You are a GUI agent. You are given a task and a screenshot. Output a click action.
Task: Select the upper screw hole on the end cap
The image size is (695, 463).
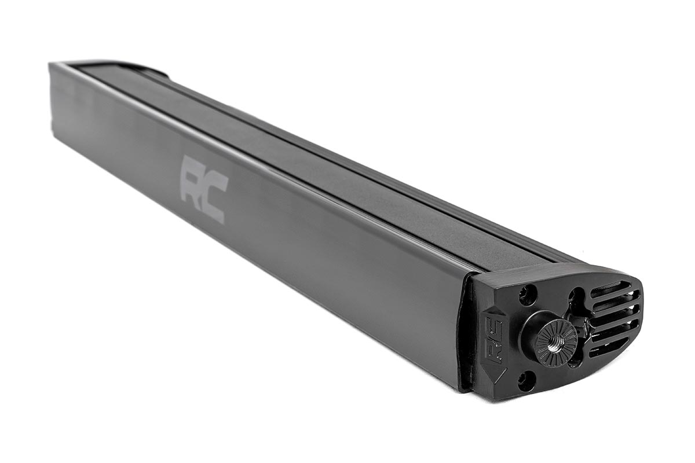point(527,296)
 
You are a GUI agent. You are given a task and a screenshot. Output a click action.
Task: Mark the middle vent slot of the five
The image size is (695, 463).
point(614,317)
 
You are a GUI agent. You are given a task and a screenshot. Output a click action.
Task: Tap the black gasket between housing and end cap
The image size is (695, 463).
point(466,336)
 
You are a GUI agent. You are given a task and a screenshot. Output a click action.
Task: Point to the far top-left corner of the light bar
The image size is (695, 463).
point(52,65)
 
